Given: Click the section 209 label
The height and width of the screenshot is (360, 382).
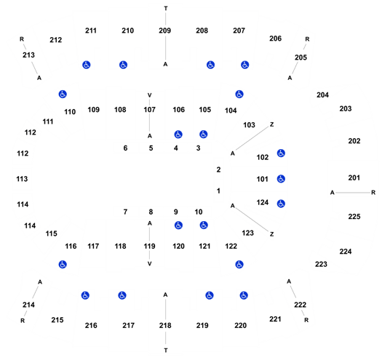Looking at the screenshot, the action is [x=165, y=31].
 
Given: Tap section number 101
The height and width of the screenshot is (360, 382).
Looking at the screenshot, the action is [x=263, y=179].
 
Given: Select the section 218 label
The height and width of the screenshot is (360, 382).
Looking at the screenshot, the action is [x=165, y=325].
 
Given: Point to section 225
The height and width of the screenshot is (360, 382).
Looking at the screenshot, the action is [x=354, y=217].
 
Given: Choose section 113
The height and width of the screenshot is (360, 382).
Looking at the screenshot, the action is [x=22, y=179].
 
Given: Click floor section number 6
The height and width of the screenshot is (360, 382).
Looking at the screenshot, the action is [x=125, y=148].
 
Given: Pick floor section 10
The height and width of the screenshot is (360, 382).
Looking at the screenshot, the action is [x=199, y=212].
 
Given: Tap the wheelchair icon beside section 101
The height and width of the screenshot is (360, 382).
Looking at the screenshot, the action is [x=281, y=179].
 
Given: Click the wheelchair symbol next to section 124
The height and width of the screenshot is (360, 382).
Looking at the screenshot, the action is [x=281, y=204].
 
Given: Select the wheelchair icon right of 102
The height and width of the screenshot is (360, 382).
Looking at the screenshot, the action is [x=281, y=153].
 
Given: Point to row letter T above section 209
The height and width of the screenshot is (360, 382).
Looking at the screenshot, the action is [x=166, y=9].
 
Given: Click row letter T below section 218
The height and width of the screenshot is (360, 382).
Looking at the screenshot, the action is [x=166, y=351].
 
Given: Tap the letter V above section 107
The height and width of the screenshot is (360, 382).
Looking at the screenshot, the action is [x=150, y=95].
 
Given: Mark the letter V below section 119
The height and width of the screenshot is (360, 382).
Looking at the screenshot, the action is [x=150, y=264].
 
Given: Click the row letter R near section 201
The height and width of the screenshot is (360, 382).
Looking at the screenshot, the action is [x=373, y=193].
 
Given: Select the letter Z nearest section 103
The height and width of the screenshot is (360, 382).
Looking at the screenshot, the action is [x=272, y=124].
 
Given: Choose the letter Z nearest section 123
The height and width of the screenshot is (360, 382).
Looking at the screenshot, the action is [x=272, y=234].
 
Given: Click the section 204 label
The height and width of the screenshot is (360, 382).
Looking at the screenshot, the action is [x=322, y=95].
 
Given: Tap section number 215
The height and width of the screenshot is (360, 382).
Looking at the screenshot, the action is [x=57, y=320].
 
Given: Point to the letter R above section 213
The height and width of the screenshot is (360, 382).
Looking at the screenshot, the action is [x=22, y=39].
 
